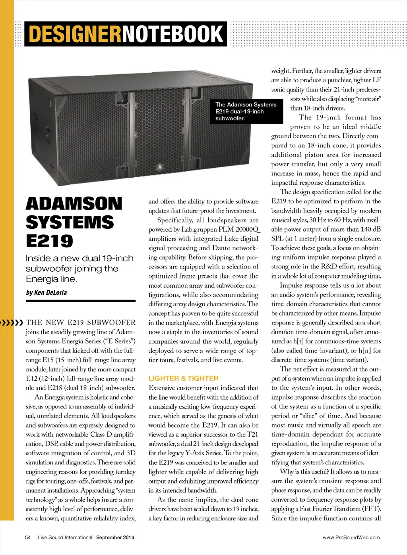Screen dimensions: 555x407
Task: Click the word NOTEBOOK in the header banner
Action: click(x=172, y=34)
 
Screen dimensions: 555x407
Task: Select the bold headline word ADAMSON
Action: click(x=74, y=204)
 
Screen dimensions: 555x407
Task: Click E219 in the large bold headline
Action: click(x=50, y=241)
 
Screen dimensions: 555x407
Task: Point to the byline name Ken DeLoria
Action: click(x=50, y=293)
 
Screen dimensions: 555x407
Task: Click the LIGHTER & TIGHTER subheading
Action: click(x=183, y=378)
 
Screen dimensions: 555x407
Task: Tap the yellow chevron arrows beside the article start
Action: click(x=12, y=322)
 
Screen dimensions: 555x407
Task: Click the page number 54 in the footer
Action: click(x=28, y=538)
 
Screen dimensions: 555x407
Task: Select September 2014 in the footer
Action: click(x=115, y=538)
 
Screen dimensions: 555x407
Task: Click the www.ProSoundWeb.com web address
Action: click(x=351, y=538)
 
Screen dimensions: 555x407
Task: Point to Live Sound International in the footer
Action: click(x=65, y=538)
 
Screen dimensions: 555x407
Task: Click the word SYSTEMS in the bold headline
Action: click(x=70, y=222)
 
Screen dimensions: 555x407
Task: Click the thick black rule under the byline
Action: click(x=80, y=301)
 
